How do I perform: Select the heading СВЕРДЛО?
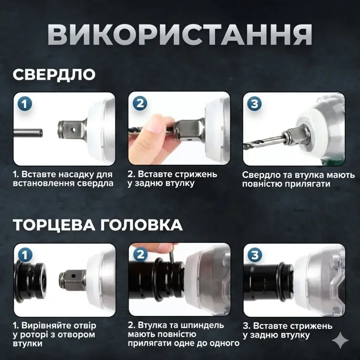(54, 75)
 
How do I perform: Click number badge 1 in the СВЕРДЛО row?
(25, 104)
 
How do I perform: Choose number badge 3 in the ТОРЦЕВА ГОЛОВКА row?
(254, 255)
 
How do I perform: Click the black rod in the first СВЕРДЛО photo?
(28, 131)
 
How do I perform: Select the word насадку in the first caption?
(78, 175)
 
